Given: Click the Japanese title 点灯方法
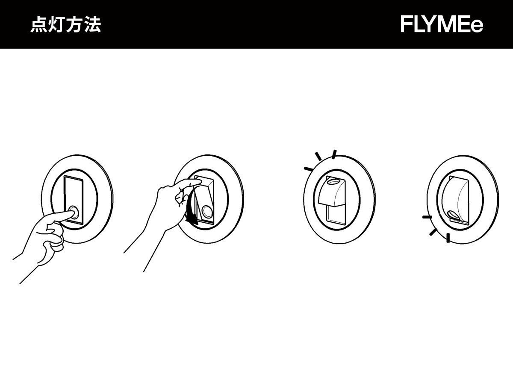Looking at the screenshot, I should pos(65,25).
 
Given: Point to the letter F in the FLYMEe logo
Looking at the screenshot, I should pos(407,25).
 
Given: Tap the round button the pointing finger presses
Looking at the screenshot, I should pos(74,212).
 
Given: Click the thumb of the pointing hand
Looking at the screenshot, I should pos(57,244).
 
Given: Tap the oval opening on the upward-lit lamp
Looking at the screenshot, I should pos(333,181).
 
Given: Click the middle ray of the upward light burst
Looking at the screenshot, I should pos(318,157).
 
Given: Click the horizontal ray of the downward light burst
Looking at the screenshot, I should pos(427,217).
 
